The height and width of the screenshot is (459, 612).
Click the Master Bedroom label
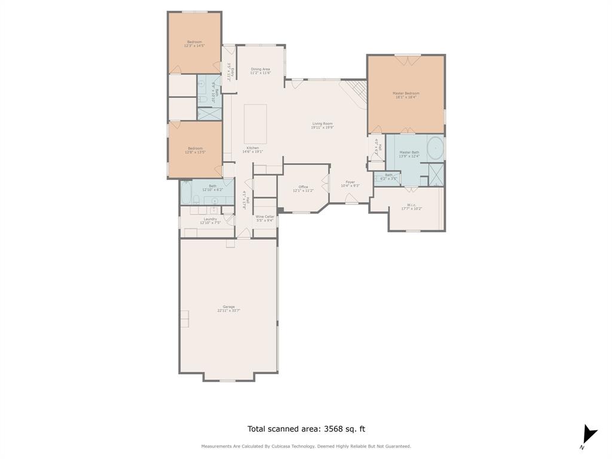406,93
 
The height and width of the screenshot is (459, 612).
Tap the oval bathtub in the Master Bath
436,147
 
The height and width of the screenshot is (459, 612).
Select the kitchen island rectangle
255,124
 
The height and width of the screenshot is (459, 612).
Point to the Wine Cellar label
265,216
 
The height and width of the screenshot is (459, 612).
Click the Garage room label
228,307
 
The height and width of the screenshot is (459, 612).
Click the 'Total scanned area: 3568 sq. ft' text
306,429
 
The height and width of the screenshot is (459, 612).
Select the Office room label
303,187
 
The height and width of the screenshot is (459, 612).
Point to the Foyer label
350,182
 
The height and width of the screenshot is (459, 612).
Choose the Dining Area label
260,69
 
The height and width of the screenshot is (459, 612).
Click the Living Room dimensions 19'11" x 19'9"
322,127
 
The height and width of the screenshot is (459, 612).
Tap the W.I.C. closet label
411,205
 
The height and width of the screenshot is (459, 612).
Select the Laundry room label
210,219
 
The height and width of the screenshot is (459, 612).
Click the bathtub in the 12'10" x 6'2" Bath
186,192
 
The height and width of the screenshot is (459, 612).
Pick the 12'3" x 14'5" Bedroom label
194,42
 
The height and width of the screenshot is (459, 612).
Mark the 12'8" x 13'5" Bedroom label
195,148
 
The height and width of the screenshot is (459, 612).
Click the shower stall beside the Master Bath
436,173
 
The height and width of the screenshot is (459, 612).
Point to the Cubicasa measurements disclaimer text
306,446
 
